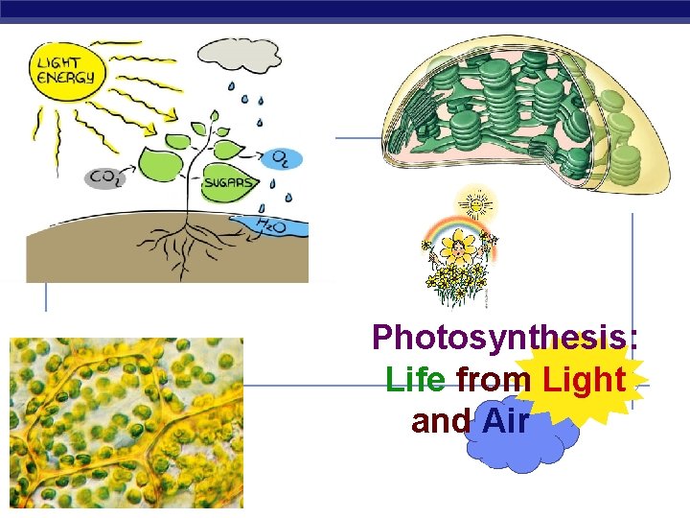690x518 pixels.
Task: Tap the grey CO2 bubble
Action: tap(104, 177)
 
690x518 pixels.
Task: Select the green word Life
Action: tap(415, 380)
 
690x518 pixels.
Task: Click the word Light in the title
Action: tap(584, 380)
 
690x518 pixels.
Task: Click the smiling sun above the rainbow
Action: tap(474, 203)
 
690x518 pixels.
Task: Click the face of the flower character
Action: tap(461, 251)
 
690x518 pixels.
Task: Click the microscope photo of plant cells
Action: tap(126, 422)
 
